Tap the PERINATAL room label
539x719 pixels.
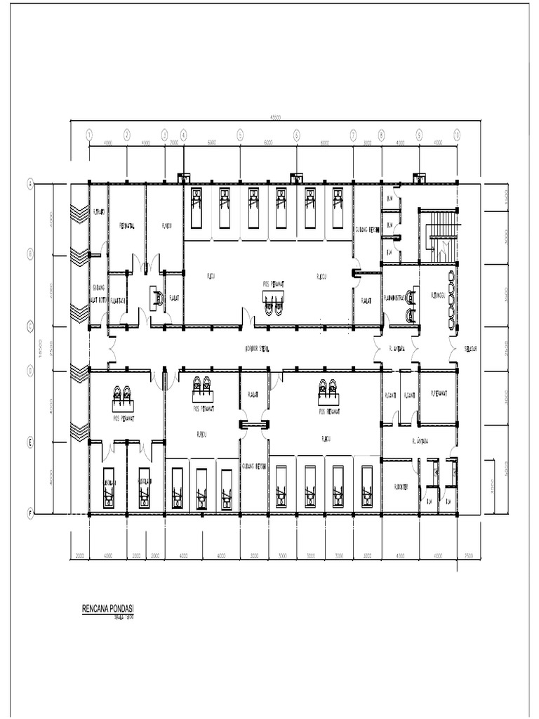(x=127, y=226)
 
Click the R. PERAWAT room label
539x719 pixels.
(x=439, y=395)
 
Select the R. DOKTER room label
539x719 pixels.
(x=402, y=484)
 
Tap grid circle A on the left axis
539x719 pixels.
(x=30, y=184)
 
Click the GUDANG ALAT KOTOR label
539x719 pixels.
(x=98, y=293)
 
